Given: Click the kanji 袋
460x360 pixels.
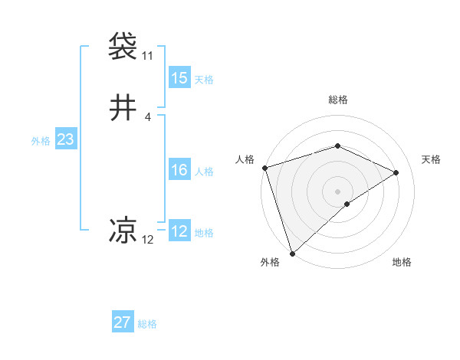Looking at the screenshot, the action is (x=123, y=46).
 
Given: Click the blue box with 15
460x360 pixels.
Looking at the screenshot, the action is (x=179, y=78).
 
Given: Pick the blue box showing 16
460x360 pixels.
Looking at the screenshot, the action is (x=179, y=171).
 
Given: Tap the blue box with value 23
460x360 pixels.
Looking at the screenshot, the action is (x=65, y=140).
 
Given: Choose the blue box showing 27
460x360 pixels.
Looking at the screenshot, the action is (x=123, y=322).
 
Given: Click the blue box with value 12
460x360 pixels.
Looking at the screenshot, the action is (x=179, y=232).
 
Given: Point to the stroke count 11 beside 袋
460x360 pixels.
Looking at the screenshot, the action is (x=147, y=56).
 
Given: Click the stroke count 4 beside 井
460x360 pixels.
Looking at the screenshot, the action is (x=147, y=117).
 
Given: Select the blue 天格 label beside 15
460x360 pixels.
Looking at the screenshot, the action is (x=204, y=80).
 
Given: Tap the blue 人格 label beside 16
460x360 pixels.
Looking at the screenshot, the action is (x=204, y=172).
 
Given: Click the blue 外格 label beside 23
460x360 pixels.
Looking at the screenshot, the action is (x=41, y=141).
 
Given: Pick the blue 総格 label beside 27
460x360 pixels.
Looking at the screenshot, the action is (x=147, y=324).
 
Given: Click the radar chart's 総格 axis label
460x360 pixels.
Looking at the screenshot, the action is (x=338, y=100).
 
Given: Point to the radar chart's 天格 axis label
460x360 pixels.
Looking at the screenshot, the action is (x=432, y=159).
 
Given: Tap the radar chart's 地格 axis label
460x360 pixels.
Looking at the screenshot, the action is (x=402, y=263).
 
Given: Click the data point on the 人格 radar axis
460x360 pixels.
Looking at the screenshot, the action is (x=264, y=168).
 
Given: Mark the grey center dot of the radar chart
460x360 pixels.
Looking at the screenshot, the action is (x=338, y=191).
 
